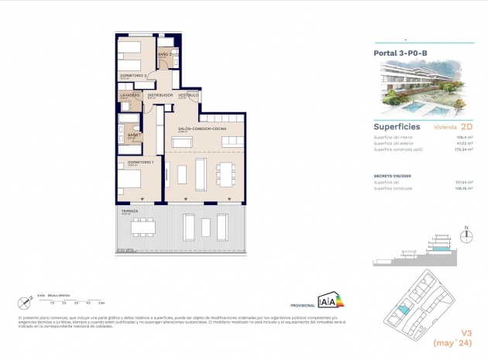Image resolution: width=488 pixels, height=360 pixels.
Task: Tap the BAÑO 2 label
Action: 164,54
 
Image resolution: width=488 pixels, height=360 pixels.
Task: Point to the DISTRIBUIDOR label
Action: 160,94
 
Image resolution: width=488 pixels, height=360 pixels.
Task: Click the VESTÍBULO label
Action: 188,94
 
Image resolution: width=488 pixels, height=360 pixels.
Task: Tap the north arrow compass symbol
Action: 466,234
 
